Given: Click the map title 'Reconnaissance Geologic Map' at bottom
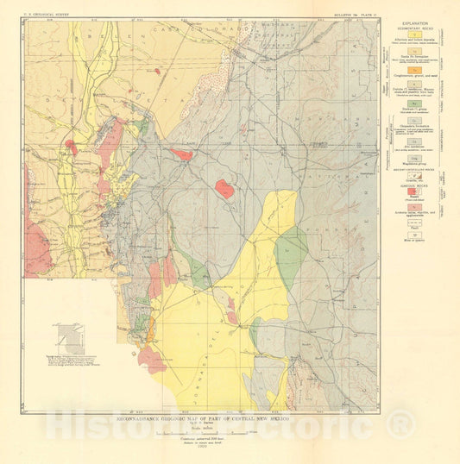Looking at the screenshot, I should point(200,417).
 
